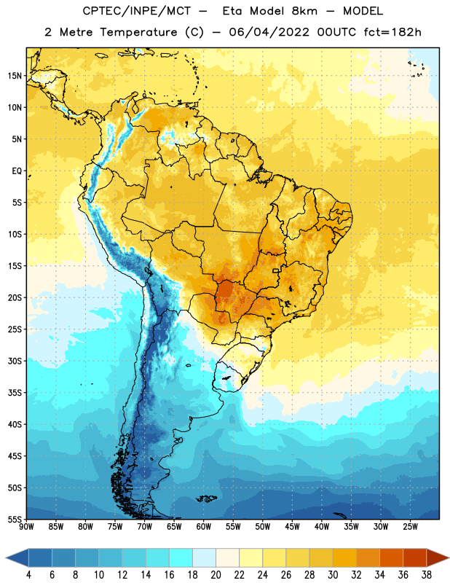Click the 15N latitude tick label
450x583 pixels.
(x=15, y=76)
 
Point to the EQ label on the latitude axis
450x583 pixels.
(x=17, y=171)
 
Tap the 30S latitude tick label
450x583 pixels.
(x=15, y=361)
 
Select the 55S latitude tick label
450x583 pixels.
(x=15, y=519)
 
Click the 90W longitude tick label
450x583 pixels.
(x=26, y=526)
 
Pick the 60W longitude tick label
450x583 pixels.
(x=204, y=526)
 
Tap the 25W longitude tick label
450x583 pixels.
(x=410, y=526)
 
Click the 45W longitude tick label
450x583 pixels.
(x=292, y=526)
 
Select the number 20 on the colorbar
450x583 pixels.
(x=216, y=575)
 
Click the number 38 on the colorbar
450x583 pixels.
(x=426, y=575)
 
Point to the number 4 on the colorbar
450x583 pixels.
(x=28, y=575)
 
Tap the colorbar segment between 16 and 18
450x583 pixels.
(x=181, y=557)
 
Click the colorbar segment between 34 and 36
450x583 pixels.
(x=391, y=557)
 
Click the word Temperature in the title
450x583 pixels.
(x=138, y=32)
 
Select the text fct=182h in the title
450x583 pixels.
(x=392, y=32)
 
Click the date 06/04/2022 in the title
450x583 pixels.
(x=269, y=32)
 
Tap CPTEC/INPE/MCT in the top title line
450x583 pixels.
(x=137, y=11)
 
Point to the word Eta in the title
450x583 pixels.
(x=232, y=11)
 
